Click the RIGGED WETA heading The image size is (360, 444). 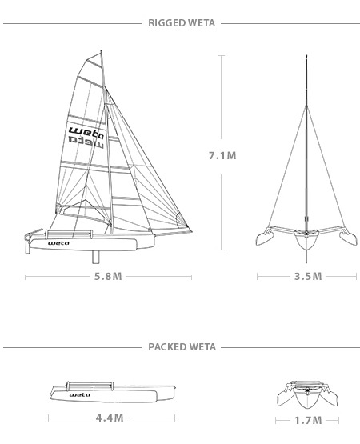[180, 23]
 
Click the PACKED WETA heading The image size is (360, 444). [180, 347]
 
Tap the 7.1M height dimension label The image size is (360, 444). [222, 156]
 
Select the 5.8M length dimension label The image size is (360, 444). [108, 277]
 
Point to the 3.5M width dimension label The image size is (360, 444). [307, 277]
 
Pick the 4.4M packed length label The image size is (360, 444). [109, 418]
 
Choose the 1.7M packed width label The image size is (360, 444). [307, 420]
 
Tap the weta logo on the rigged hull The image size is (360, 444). [58, 242]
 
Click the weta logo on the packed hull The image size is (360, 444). [80, 394]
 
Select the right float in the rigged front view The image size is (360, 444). [348, 237]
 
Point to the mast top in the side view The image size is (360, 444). [102, 54]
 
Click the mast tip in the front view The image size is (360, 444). [306, 56]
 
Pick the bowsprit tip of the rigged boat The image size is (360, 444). [191, 232]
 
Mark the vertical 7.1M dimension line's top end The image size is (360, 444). [222, 56]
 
